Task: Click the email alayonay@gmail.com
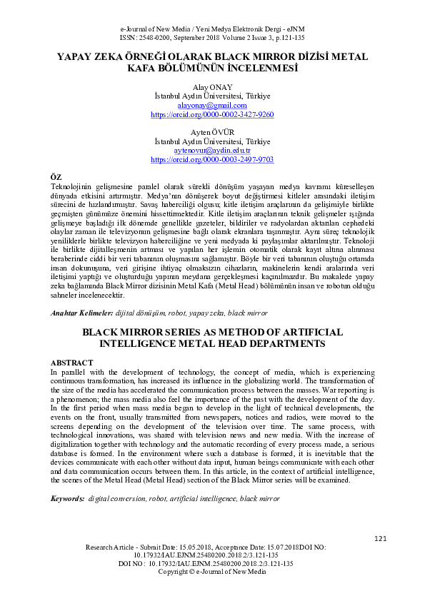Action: [x=212, y=105]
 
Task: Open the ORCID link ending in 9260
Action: [x=212, y=114]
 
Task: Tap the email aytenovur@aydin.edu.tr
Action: [x=212, y=151]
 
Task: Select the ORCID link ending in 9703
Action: [x=212, y=160]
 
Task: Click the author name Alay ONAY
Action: [x=212, y=86]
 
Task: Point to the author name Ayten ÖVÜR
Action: [x=212, y=132]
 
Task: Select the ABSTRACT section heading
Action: [x=72, y=363]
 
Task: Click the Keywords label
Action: [x=67, y=498]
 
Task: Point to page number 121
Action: [x=380, y=538]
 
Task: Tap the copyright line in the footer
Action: [x=212, y=572]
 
